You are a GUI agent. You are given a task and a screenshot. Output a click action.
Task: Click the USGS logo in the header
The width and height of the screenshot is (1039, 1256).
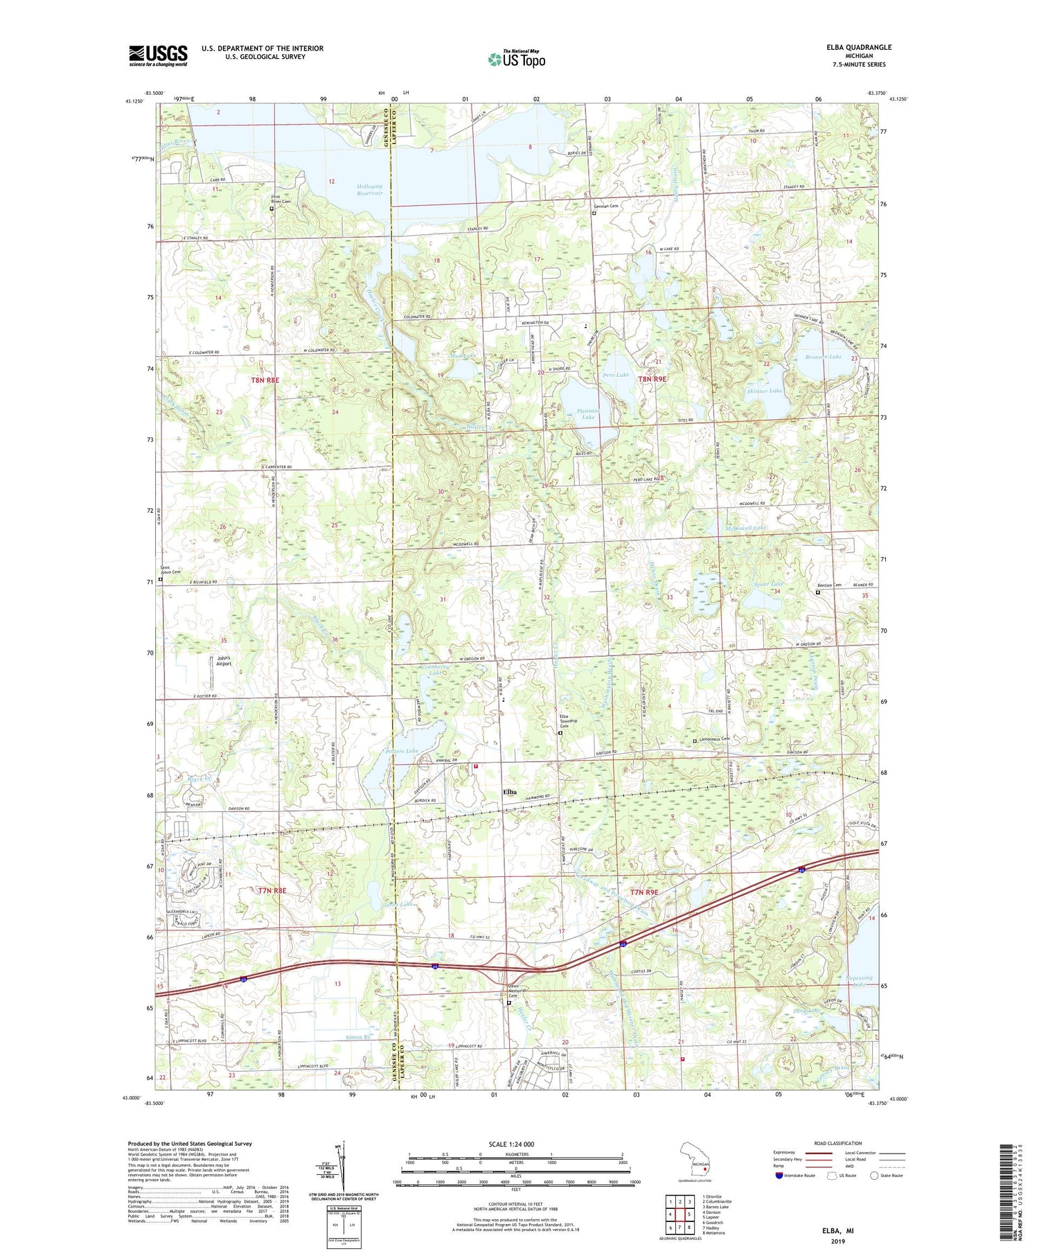click(x=158, y=55)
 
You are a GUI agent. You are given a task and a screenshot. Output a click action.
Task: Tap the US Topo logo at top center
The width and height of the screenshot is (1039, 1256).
click(x=516, y=60)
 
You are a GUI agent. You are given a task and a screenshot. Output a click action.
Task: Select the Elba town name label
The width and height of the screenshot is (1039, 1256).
click(x=510, y=792)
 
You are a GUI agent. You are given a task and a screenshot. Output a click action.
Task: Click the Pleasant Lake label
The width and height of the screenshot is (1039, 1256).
click(x=586, y=414)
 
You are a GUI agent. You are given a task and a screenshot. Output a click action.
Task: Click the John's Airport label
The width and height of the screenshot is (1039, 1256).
click(x=223, y=661)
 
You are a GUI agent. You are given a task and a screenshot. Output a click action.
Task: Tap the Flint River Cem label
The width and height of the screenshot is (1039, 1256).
click(x=284, y=200)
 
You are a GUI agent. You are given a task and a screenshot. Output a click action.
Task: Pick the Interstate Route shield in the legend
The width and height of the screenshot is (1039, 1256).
click(x=779, y=1175)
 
